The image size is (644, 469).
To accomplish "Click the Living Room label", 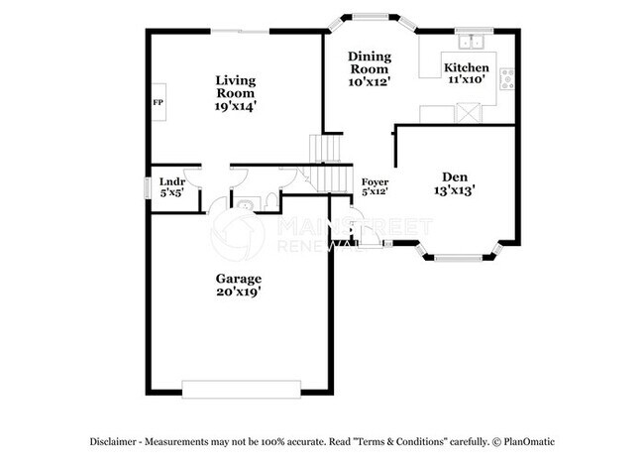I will [x=237, y=86].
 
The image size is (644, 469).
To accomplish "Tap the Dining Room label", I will [x=370, y=62].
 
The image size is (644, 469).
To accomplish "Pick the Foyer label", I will [x=375, y=182].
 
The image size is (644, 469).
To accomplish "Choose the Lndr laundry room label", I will [x=172, y=181].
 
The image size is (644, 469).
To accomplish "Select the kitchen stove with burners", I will [x=507, y=79].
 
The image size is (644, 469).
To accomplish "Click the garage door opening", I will [x=239, y=389].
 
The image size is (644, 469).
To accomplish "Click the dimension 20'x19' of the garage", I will [x=239, y=293].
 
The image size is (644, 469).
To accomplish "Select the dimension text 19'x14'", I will [x=237, y=106].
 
